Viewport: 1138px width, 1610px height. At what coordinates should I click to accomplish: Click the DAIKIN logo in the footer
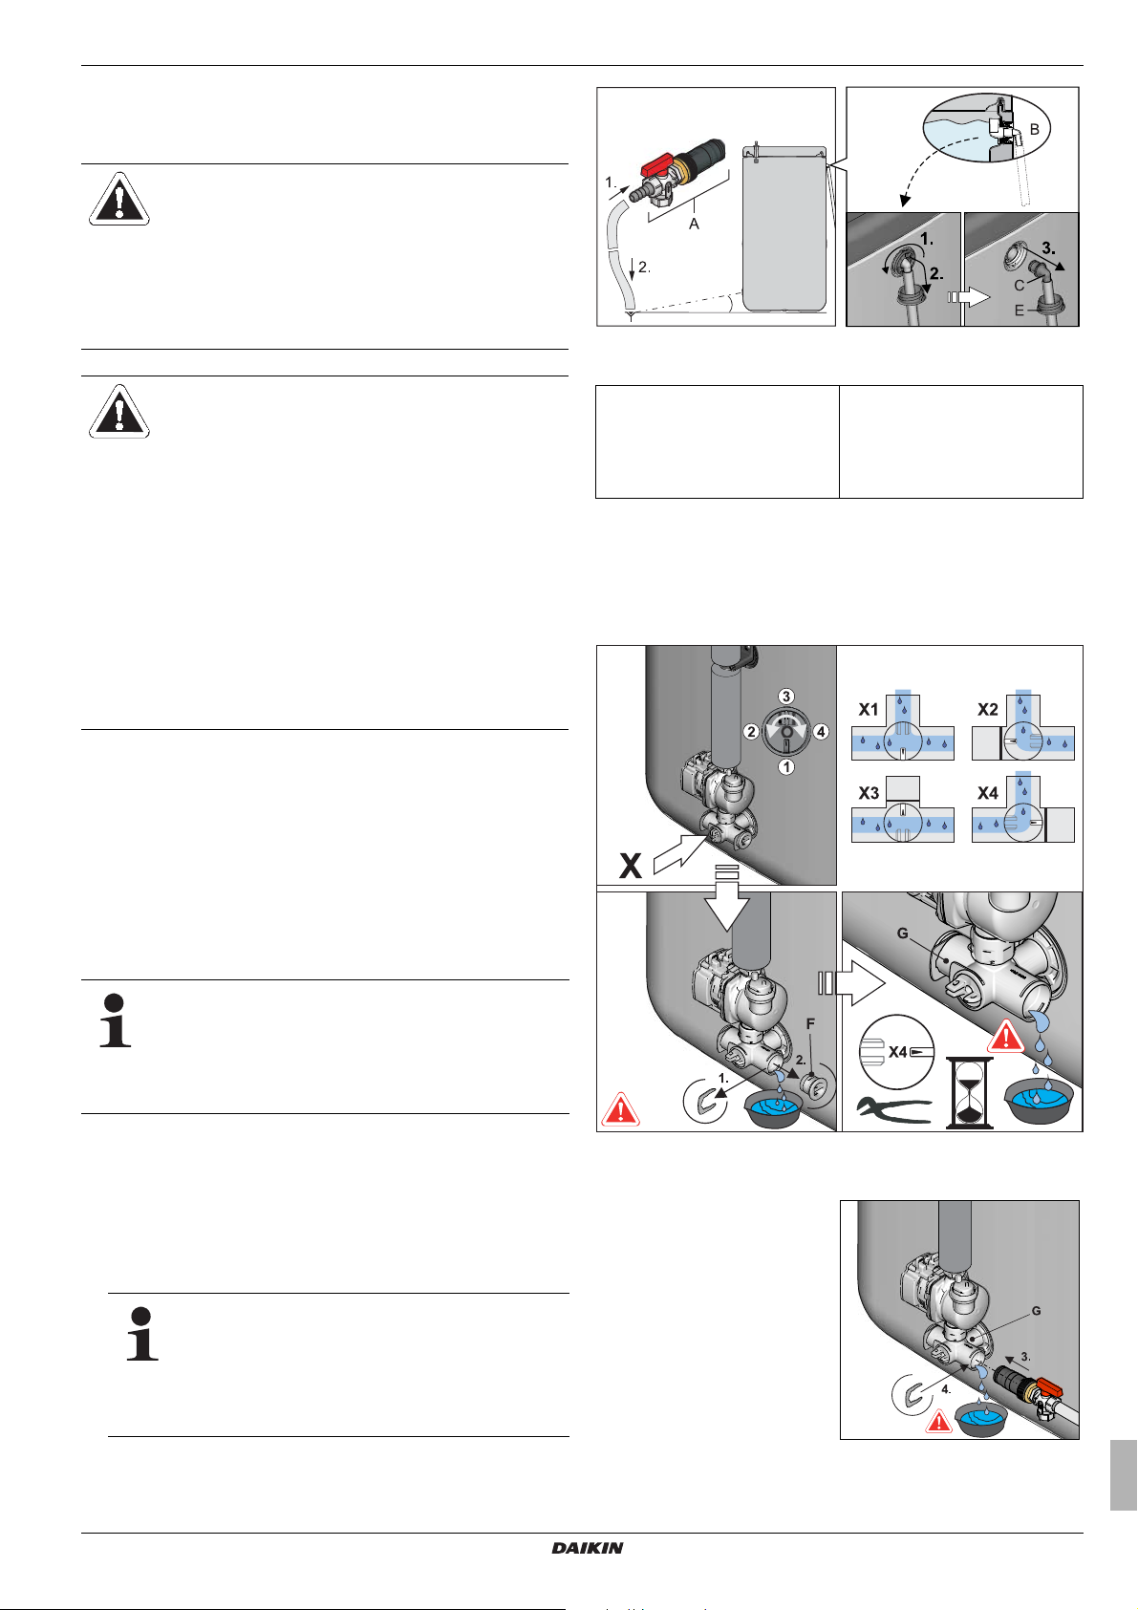[x=587, y=1548]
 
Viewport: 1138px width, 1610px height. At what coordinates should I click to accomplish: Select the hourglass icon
[x=968, y=1092]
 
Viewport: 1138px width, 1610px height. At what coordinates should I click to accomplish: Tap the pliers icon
[x=893, y=1109]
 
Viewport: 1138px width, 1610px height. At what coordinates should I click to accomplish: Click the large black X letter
[x=631, y=865]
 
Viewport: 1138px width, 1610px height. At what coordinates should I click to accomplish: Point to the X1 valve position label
[x=869, y=709]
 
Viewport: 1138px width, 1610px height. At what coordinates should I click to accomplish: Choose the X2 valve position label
[x=988, y=709]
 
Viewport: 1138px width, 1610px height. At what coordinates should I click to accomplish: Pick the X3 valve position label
[x=869, y=793]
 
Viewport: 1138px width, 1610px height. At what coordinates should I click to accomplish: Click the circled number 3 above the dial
[x=786, y=696]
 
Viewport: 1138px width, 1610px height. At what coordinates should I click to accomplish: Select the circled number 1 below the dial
[x=786, y=767]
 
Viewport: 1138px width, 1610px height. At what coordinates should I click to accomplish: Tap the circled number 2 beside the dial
[x=751, y=732]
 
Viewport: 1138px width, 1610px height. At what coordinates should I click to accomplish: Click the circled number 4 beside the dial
[x=821, y=732]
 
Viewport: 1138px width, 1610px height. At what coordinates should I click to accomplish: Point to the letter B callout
[x=1035, y=129]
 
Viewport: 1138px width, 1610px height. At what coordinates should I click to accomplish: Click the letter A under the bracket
[x=694, y=225]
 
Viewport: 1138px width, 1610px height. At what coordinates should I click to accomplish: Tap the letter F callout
[x=810, y=1023]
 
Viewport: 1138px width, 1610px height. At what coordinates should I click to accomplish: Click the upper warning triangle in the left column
[x=119, y=199]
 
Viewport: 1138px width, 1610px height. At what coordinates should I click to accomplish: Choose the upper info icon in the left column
[x=115, y=1020]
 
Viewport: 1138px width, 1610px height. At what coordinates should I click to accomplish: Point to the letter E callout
[x=1019, y=311]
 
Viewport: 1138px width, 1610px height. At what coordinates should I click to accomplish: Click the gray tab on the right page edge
[x=1124, y=1475]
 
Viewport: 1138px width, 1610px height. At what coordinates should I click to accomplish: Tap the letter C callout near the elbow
[x=1019, y=286]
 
